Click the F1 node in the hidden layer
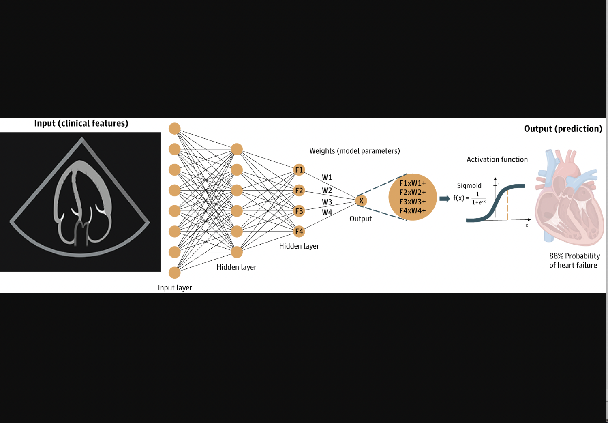pos(299,170)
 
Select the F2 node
pos(299,191)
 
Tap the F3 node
pos(299,211)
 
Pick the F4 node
pos(299,232)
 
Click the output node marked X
pos(361,200)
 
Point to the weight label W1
pos(327,177)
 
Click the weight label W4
pos(327,212)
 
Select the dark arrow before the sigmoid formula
pos(445,198)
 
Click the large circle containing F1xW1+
pos(413,197)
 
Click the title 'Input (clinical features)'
pos(81,123)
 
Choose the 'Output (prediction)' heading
pos(563,129)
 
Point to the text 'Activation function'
pos(497,159)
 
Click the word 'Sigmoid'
pos(469,185)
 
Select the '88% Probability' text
pos(574,256)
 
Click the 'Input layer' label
pos(175,288)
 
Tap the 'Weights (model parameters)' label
pos(355,151)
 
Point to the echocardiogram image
pos(80,202)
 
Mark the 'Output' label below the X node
pos(360,219)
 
